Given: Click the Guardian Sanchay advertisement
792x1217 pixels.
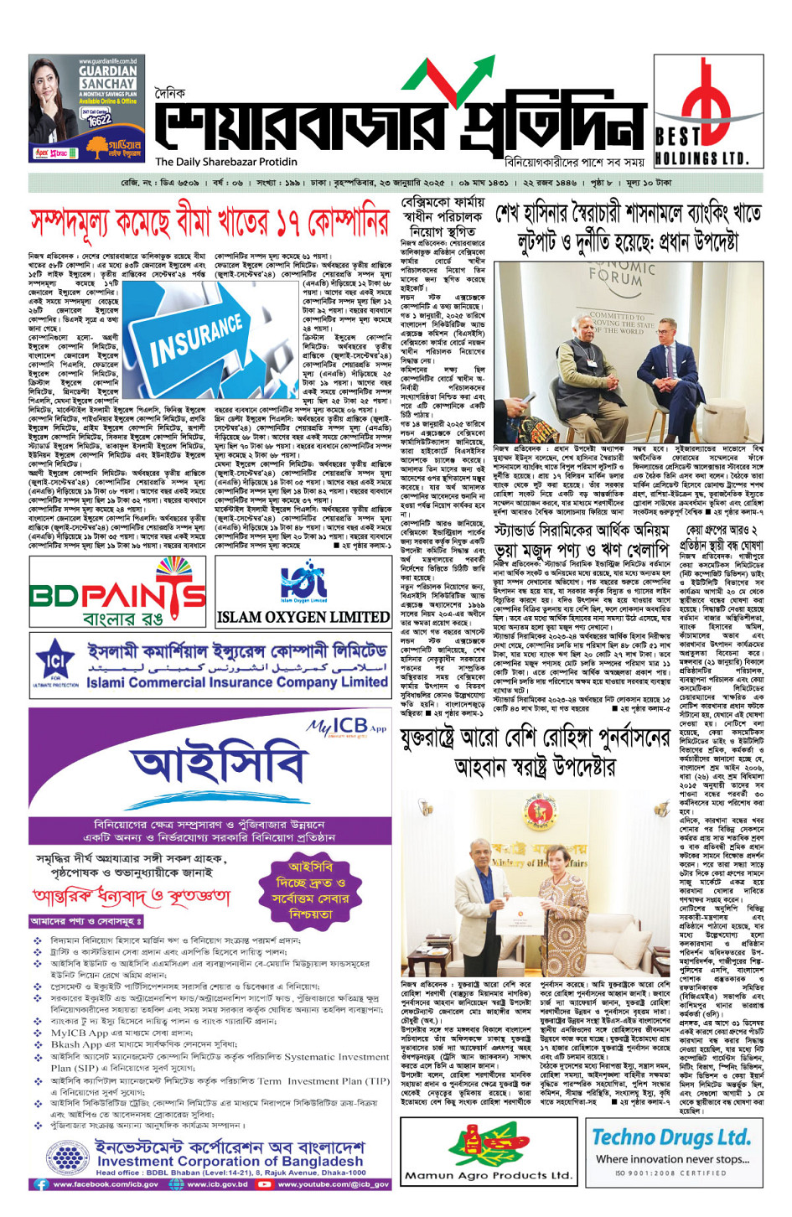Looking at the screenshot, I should (85, 108).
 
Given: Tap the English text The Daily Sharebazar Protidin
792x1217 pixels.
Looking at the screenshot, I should (226, 162).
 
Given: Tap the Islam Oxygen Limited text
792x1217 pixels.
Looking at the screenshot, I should (303, 617).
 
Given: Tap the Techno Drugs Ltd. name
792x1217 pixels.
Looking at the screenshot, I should (670, 1137).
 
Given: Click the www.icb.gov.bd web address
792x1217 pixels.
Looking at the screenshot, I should (216, 1184).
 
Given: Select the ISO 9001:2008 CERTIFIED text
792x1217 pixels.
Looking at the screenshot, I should (670, 1173).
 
